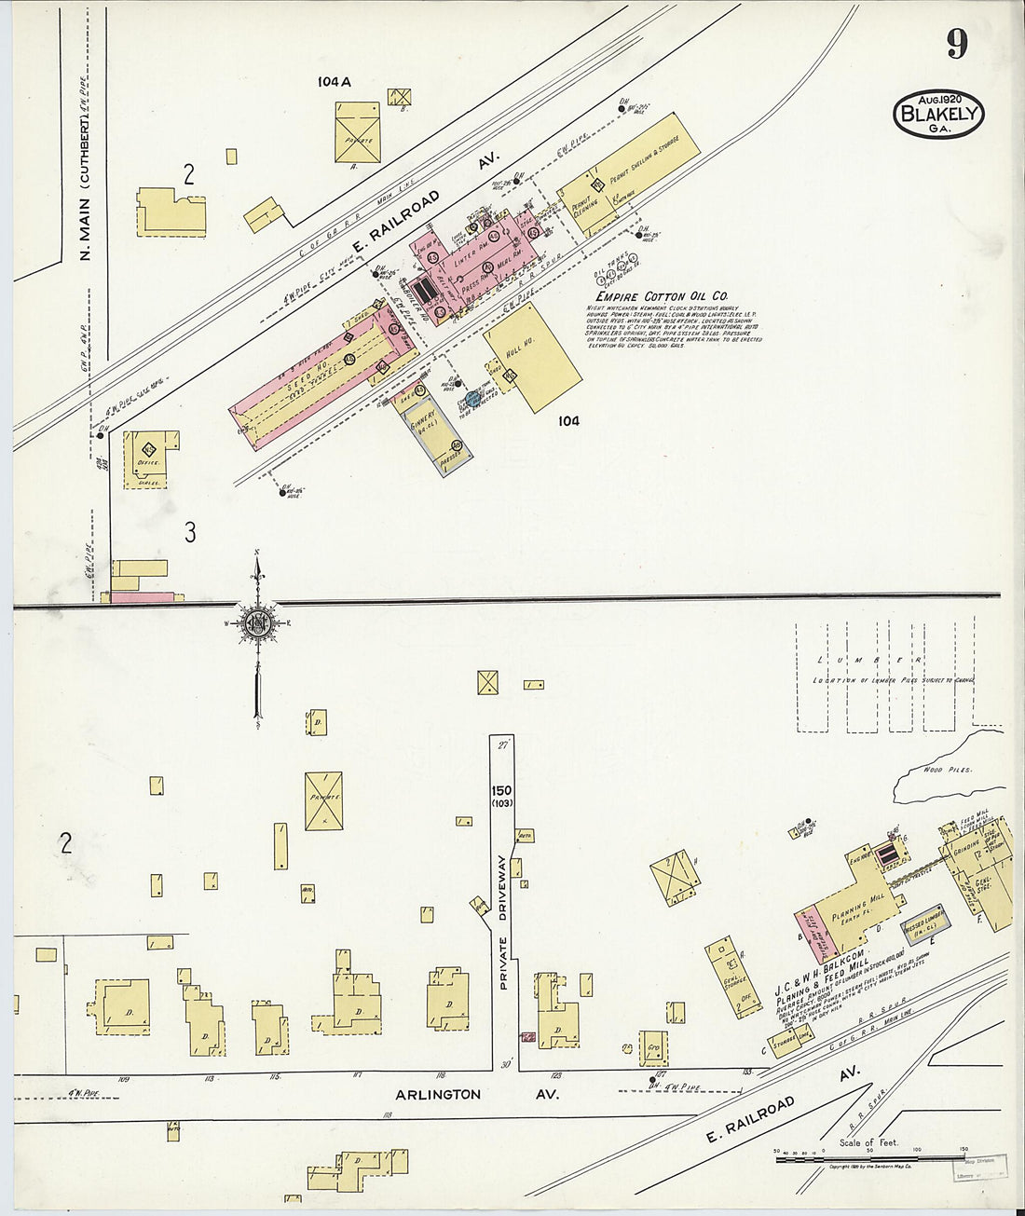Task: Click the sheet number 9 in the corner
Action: click(957, 43)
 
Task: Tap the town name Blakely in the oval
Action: click(938, 115)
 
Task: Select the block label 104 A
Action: click(334, 82)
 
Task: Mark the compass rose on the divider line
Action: click(258, 622)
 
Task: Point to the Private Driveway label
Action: click(503, 922)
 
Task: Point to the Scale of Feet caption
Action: click(869, 1142)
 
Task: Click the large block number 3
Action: click(190, 532)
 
